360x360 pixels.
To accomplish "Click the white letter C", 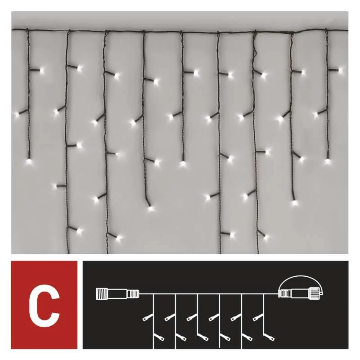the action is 44,305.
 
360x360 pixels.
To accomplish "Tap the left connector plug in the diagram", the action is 117,293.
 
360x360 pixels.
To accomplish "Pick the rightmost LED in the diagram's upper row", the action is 257,318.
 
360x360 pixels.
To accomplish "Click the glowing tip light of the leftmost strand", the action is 28,161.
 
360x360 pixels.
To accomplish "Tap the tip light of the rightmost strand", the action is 328,162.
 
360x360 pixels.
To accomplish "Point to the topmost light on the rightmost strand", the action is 340,70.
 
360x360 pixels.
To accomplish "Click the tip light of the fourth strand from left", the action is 150,208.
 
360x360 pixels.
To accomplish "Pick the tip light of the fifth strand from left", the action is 182,163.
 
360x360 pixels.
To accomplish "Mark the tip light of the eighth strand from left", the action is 294,203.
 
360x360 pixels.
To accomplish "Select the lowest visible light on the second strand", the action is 79,230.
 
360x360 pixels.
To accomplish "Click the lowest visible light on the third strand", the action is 118,238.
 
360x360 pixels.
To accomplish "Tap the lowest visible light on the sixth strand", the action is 232,234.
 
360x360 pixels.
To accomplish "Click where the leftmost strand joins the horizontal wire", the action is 27,29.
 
